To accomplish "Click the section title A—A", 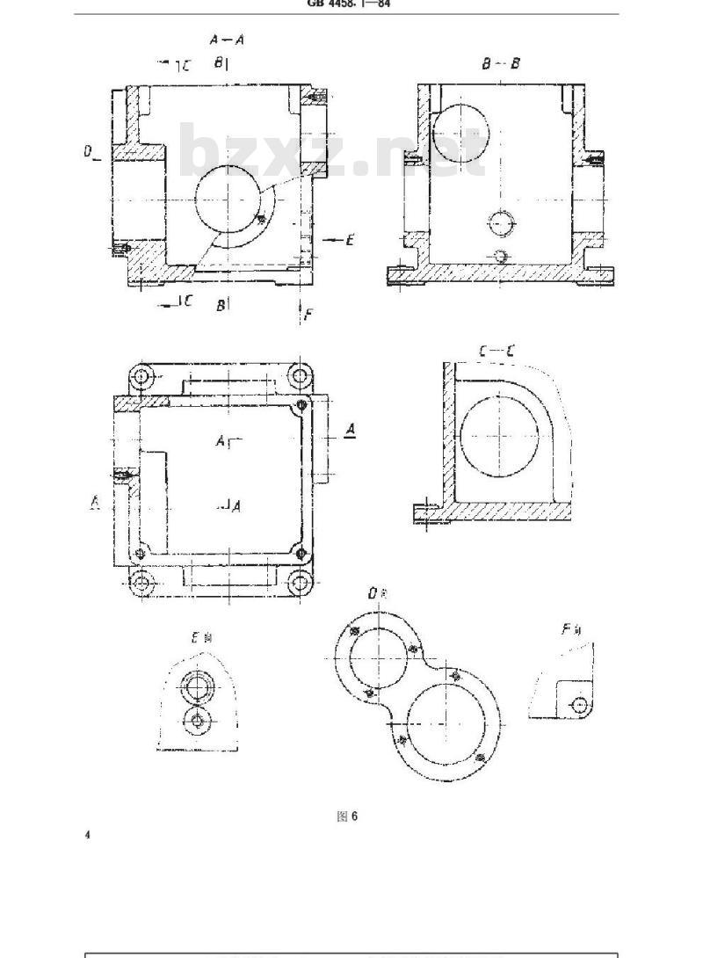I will click(227, 40).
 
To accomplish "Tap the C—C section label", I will click(496, 352).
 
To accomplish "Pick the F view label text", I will click(570, 629).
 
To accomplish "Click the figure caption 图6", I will click(348, 816).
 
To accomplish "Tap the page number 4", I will click(87, 834).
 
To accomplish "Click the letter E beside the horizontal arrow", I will click(349, 239).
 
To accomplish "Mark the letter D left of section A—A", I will click(90, 151).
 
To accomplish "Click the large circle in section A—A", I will click(229, 199).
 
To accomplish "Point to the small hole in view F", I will click(580, 704).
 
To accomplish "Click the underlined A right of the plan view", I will click(350, 430).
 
